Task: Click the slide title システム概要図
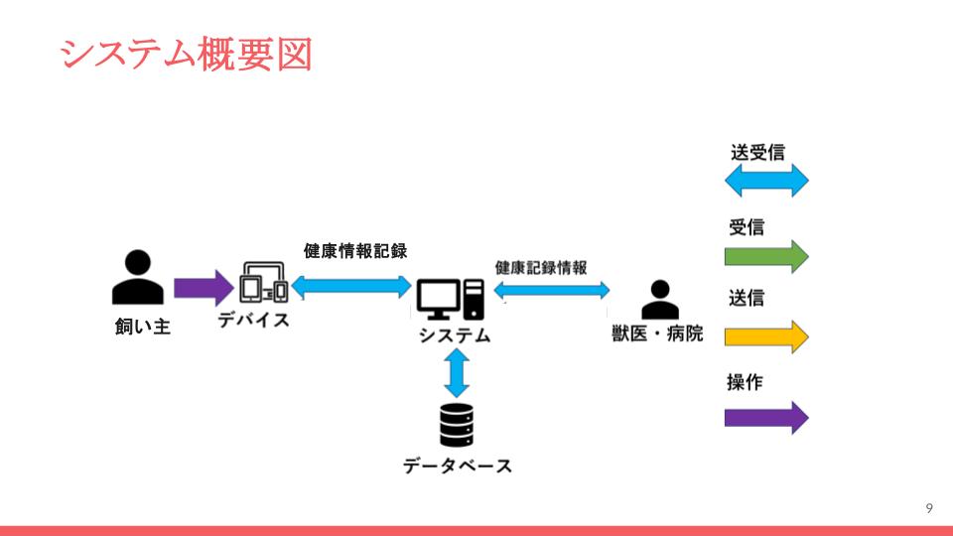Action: (186, 54)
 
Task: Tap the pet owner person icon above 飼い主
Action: (138, 277)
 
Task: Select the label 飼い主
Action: (143, 326)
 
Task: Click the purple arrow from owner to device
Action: (203, 288)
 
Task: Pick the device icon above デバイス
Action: (264, 283)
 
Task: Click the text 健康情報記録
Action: (355, 250)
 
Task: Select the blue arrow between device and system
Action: (350, 287)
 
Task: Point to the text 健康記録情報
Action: (541, 268)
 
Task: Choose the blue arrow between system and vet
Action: (552, 290)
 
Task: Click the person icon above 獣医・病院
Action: (659, 299)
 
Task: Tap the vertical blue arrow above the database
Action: (457, 374)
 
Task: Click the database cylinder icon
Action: (457, 425)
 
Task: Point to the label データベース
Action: (458, 465)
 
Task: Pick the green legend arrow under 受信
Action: (766, 256)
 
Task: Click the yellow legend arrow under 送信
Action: (766, 335)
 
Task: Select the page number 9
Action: (928, 508)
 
